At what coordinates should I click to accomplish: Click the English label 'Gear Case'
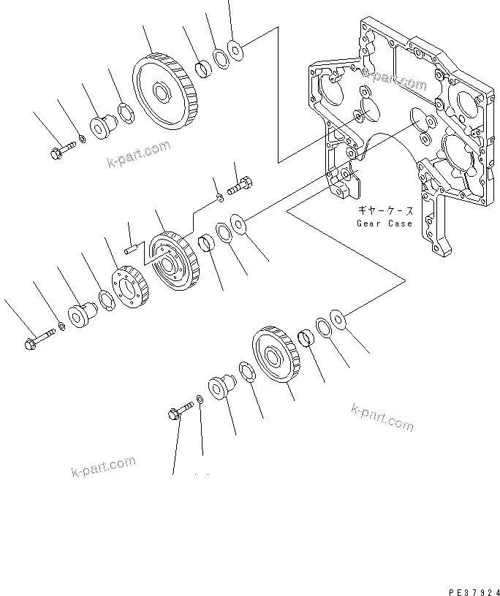[x=384, y=223]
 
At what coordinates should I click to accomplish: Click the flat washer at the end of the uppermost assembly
[x=236, y=50]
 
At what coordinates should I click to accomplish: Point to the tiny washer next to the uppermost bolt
[x=82, y=139]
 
